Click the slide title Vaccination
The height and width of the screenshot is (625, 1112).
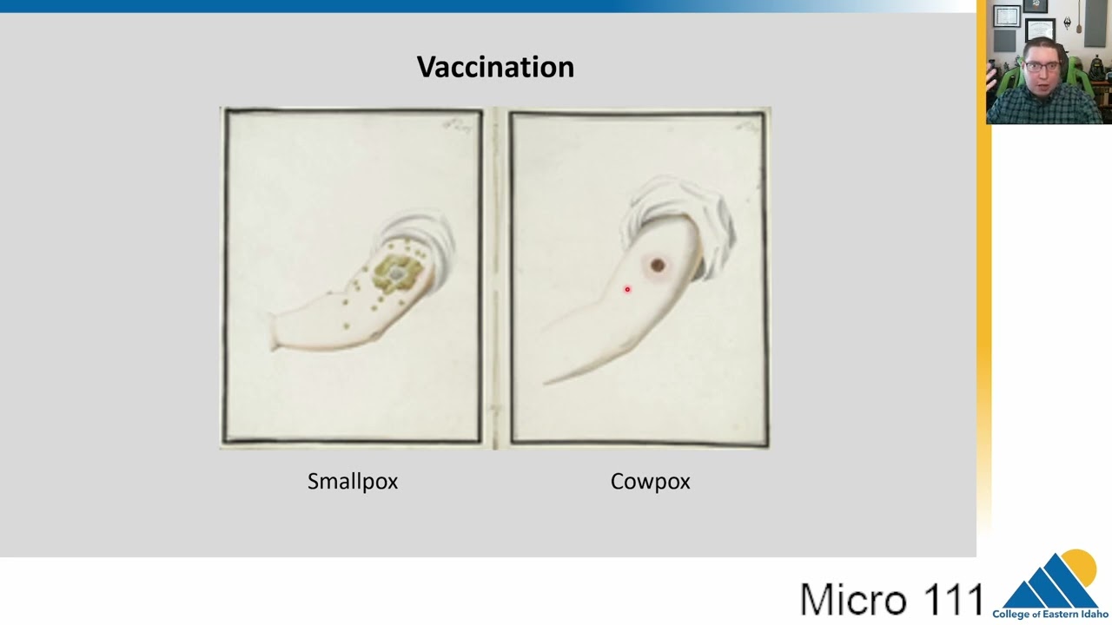tap(495, 67)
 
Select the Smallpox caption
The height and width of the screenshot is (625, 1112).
tap(352, 481)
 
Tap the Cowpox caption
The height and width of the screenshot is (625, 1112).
tap(650, 481)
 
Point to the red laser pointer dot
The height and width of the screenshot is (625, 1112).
tap(627, 289)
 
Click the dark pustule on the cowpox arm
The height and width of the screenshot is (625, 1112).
tap(658, 265)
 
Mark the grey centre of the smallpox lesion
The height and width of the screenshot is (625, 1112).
tap(396, 274)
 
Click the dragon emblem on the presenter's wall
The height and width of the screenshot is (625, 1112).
tap(1067, 22)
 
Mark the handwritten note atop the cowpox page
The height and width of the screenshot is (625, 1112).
tap(746, 127)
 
